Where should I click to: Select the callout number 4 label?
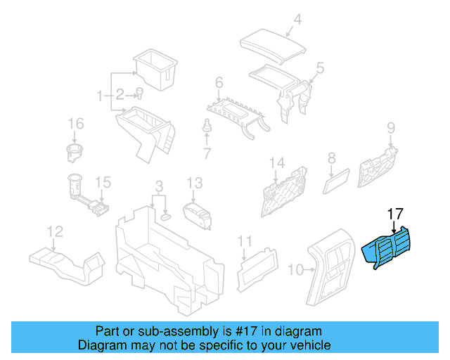(x=297, y=20)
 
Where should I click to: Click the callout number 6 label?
(x=219, y=84)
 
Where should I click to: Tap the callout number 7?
(x=207, y=153)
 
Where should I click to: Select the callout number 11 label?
(x=244, y=242)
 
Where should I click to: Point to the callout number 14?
(x=277, y=164)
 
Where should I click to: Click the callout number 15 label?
(x=103, y=183)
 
